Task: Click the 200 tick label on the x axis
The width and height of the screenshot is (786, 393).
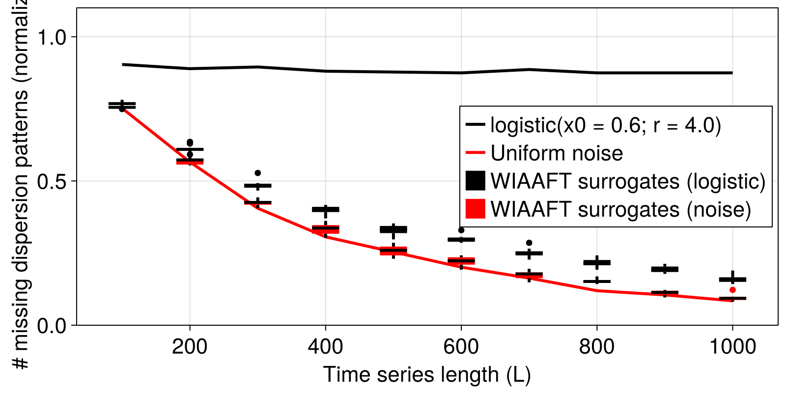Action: click(190, 347)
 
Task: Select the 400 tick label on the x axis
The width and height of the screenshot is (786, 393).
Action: click(325, 347)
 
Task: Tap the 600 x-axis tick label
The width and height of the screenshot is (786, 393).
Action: click(461, 347)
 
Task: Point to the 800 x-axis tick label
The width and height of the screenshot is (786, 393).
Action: click(596, 347)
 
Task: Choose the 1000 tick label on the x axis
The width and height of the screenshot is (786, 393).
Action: click(732, 347)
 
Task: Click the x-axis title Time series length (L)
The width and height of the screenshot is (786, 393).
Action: click(427, 375)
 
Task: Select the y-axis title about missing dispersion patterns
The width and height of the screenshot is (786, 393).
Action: click(21, 187)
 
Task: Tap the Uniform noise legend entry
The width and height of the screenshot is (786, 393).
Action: click(557, 153)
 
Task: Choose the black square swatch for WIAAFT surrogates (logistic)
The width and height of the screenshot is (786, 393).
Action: click(475, 181)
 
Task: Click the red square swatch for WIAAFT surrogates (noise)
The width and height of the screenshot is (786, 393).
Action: click(475, 209)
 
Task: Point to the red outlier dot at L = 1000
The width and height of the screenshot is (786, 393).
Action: click(732, 290)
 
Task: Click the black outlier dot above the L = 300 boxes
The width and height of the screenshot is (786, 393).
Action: click(257, 173)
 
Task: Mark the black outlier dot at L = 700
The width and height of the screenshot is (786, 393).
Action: click(529, 243)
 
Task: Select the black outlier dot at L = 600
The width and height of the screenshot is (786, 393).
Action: click(461, 230)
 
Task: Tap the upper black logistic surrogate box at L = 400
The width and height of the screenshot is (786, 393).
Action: click(325, 210)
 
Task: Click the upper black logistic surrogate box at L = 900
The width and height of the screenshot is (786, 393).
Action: click(665, 269)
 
